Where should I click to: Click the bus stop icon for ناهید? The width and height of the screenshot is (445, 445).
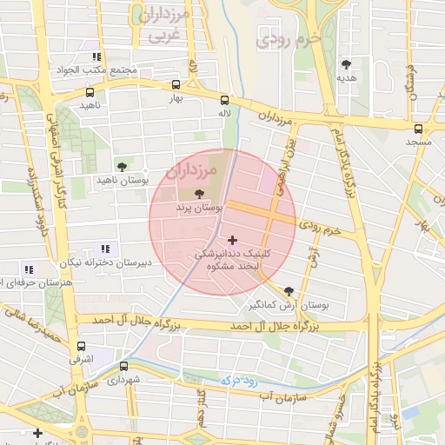[x=90, y=92]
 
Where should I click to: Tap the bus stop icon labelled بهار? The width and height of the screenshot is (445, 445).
[x=176, y=85]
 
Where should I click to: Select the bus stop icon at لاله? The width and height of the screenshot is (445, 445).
[x=225, y=100]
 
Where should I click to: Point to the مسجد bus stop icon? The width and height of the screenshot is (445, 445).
[x=418, y=128]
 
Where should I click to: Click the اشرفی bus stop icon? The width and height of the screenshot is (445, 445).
[x=81, y=345]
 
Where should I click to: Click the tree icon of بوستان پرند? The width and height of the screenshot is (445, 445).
[x=201, y=194]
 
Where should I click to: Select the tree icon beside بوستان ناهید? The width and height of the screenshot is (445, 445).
[x=121, y=166]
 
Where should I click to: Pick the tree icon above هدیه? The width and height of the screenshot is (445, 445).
[x=347, y=64]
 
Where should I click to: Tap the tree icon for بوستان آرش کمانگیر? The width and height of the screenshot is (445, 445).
[x=289, y=292]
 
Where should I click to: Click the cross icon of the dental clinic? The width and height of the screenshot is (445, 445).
[x=231, y=240]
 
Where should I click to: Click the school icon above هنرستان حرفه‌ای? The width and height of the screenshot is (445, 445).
[x=30, y=270]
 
